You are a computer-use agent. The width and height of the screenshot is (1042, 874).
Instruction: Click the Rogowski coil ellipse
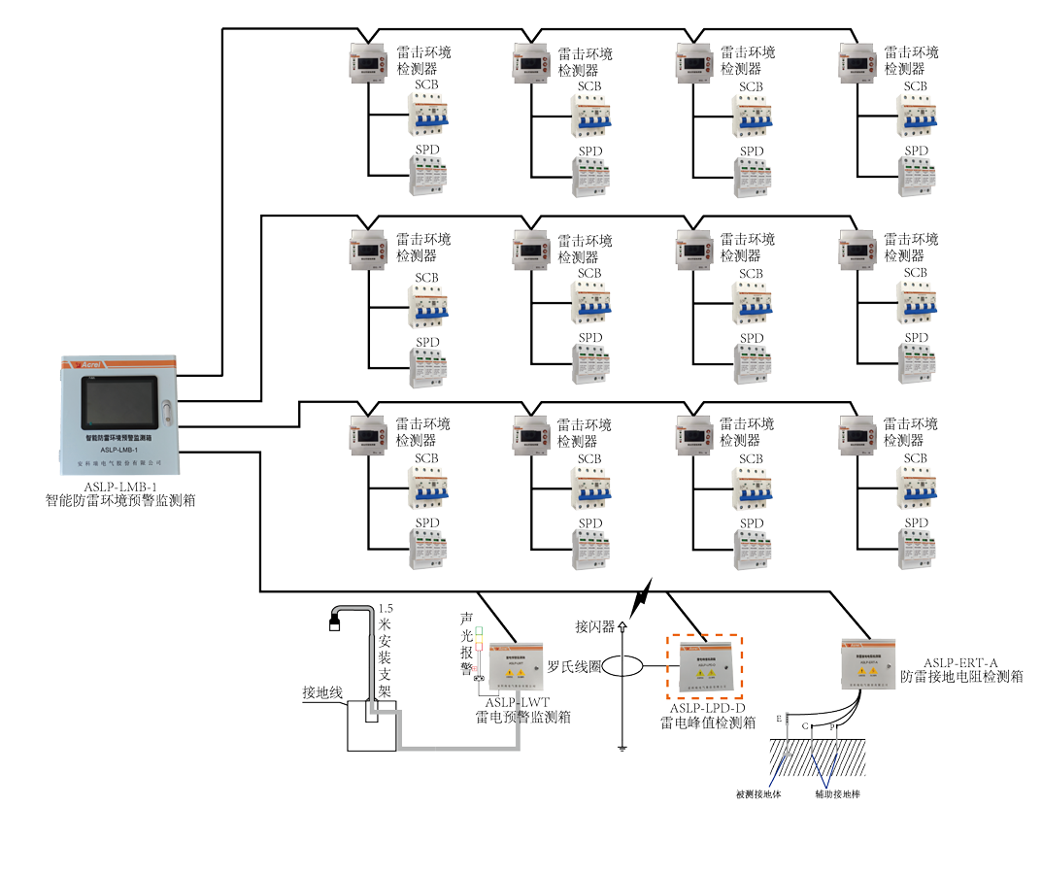point(622,668)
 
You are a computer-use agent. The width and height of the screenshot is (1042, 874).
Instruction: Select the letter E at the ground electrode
point(779,718)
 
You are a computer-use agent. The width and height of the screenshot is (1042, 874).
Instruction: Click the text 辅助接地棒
point(838,793)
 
